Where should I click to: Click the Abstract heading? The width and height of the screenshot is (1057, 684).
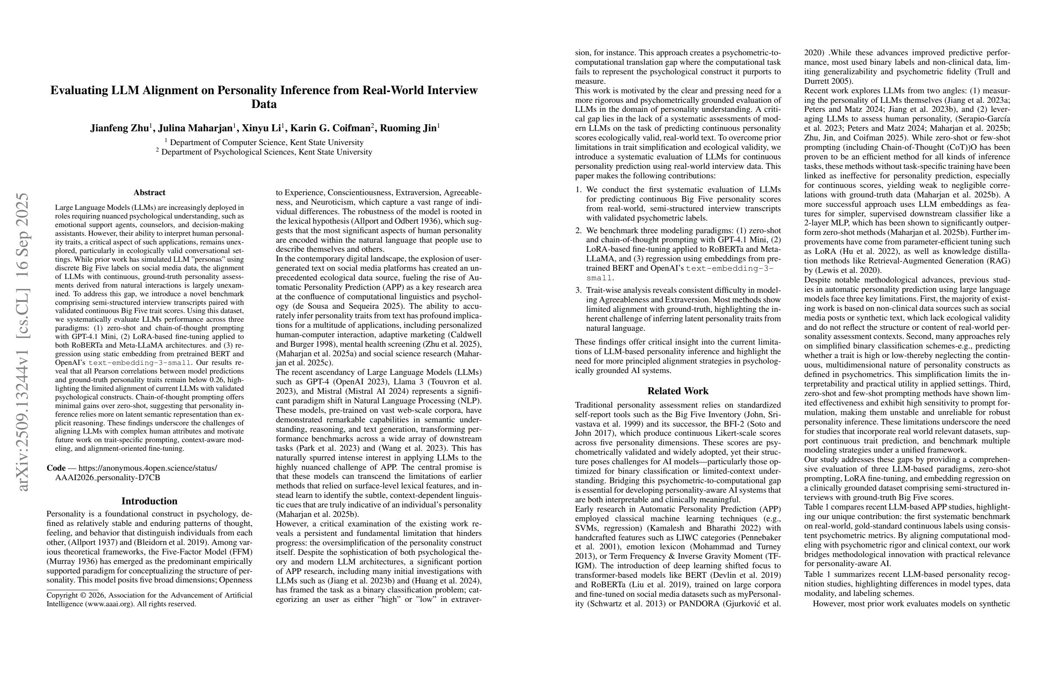tap(149, 192)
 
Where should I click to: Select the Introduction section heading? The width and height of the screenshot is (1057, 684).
tap(149, 501)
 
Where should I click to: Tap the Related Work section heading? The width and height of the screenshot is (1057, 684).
tap(678, 391)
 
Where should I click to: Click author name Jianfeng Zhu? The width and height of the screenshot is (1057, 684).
tap(119, 128)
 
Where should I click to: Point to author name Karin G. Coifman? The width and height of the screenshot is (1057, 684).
tap(330, 128)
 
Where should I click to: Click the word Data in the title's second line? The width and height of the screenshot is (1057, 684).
tap(264, 104)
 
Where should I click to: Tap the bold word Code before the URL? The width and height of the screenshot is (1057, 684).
tap(56, 468)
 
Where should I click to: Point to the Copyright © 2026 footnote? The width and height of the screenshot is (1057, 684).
tap(149, 595)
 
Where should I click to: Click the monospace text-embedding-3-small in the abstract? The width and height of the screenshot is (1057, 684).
tap(140, 363)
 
